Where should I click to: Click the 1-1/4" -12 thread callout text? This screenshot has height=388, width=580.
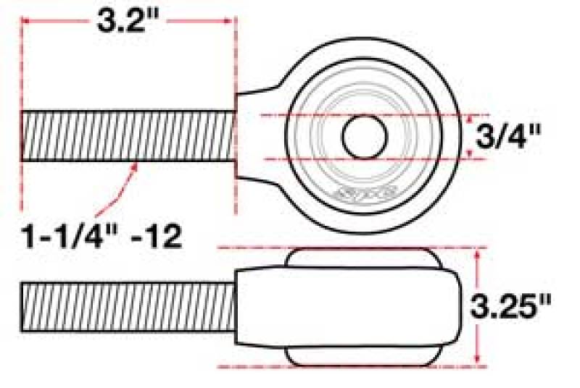(x=101, y=236)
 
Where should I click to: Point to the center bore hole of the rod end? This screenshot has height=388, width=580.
(x=364, y=136)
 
